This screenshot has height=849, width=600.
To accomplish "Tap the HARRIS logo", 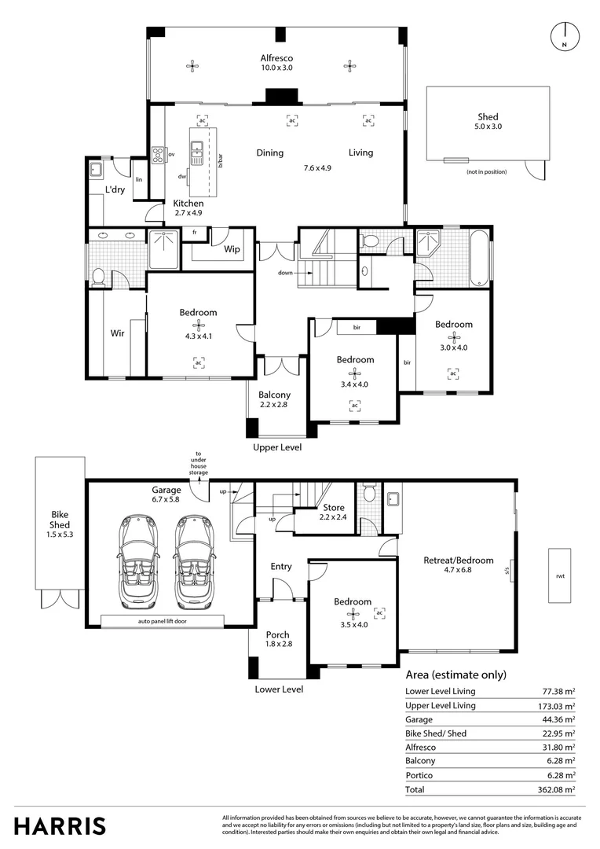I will click(x=60, y=825).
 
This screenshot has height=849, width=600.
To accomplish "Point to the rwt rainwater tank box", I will click(x=559, y=575).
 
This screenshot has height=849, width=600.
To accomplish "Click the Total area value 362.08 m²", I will click(x=557, y=788).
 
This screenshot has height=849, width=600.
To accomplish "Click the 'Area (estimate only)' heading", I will click(x=455, y=674).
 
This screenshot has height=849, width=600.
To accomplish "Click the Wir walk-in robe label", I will click(x=117, y=333).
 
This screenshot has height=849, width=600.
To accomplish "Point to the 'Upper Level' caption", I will click(x=277, y=447).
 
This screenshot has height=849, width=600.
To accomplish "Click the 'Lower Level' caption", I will click(x=279, y=689).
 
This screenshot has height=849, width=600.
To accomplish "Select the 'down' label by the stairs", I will click(x=285, y=273).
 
